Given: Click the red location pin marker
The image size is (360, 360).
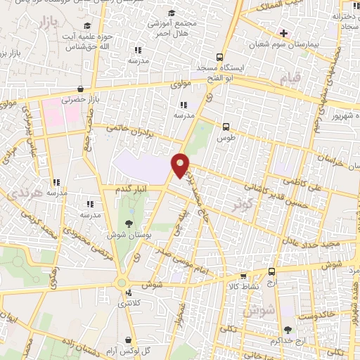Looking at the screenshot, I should point(181,165).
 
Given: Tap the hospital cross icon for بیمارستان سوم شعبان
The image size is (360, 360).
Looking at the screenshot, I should point(284,32).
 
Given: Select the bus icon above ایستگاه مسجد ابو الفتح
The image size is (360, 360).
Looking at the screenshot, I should point(220,57).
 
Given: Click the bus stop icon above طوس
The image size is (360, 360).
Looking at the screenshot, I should point(226,127).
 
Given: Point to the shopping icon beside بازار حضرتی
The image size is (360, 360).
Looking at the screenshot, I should point(82,89).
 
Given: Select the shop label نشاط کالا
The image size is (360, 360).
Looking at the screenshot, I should point(244,287).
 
